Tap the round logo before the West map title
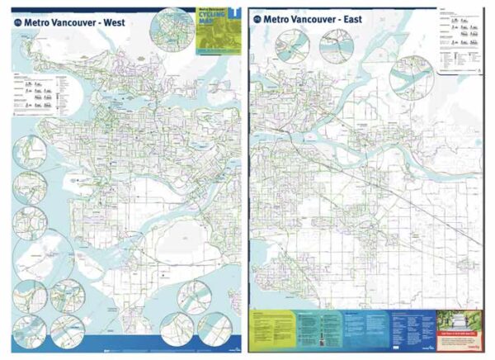(x=18, y=23)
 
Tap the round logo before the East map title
(x=257, y=17)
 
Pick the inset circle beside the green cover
(x=172, y=29)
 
